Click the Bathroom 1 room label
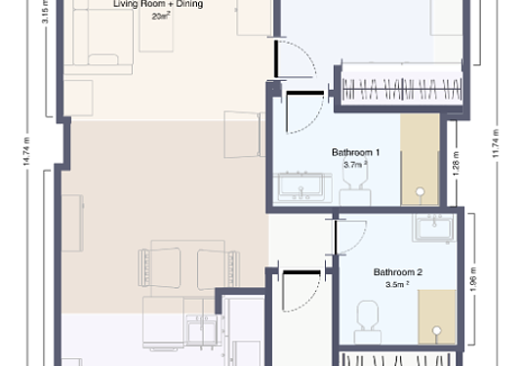(x=355, y=152)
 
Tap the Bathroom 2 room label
(x=398, y=272)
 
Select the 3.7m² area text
(x=355, y=165)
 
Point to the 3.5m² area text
(x=397, y=284)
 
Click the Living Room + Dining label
(x=158, y=4)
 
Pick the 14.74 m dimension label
(x=26, y=151)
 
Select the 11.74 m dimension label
(x=496, y=143)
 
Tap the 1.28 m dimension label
(x=456, y=164)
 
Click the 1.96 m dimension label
(x=473, y=279)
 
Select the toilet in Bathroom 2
(x=368, y=322)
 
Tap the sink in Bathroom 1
(x=302, y=187)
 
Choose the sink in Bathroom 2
(x=434, y=227)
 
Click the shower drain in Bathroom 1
(x=421, y=191)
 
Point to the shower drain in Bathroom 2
(x=437, y=331)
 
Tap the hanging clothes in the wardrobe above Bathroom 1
(x=402, y=89)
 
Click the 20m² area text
(x=161, y=16)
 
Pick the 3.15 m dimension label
(x=45, y=12)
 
